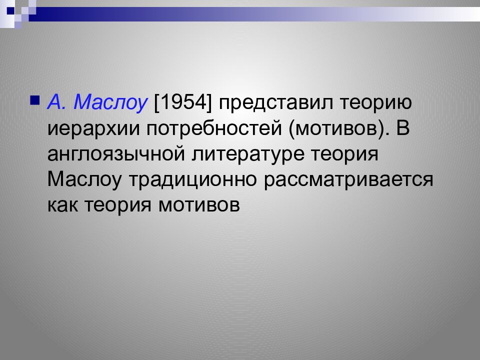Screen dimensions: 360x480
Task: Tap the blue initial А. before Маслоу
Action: tap(56, 102)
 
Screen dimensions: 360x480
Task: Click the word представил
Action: tap(273, 102)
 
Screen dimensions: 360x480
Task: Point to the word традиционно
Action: tap(191, 179)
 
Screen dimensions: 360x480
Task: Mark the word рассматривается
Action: tap(348, 179)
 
